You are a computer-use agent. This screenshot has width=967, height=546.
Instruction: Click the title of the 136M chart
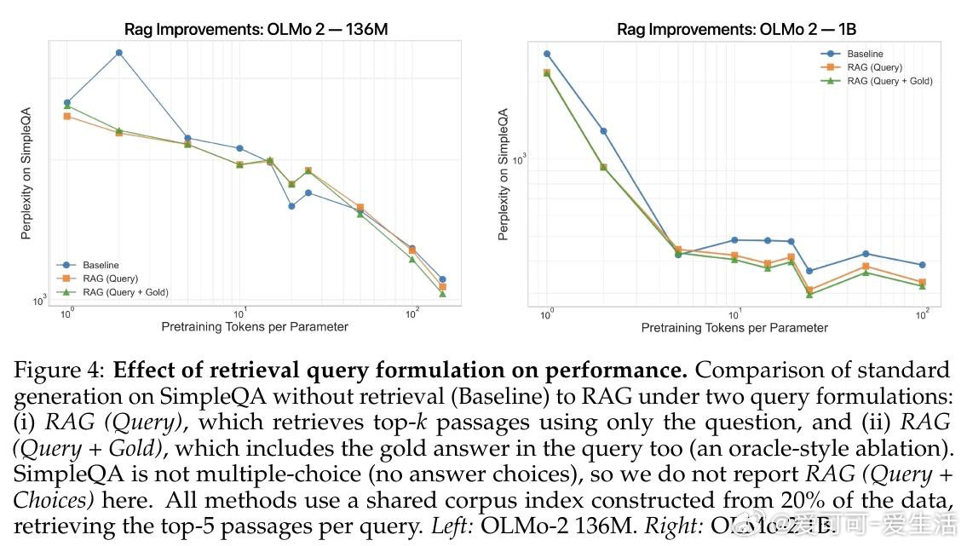coord(256,29)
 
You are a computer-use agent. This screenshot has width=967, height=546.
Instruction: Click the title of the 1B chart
coord(736,29)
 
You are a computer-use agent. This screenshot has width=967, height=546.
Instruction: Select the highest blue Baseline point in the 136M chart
coord(119,53)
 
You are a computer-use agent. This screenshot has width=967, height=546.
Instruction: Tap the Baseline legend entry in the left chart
coord(101,265)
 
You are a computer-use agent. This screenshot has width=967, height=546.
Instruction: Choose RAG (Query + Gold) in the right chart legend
coord(889,81)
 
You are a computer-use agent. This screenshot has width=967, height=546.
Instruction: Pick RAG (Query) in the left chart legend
coord(110,279)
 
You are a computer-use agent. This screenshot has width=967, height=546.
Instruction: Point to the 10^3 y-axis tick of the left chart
coord(39,301)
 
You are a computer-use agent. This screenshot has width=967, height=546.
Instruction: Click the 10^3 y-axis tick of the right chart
coord(519,158)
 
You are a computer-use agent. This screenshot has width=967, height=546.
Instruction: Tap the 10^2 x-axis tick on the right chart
coord(921,314)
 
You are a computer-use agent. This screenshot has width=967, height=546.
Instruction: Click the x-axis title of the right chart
coord(734,328)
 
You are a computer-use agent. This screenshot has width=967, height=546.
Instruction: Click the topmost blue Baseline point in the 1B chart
coord(547,54)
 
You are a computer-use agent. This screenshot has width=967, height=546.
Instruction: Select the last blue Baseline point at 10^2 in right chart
coord(922,265)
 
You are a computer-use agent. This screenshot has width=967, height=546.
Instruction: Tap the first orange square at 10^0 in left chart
coord(67,116)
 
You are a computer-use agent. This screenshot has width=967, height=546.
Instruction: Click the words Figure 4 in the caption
coord(56,371)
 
